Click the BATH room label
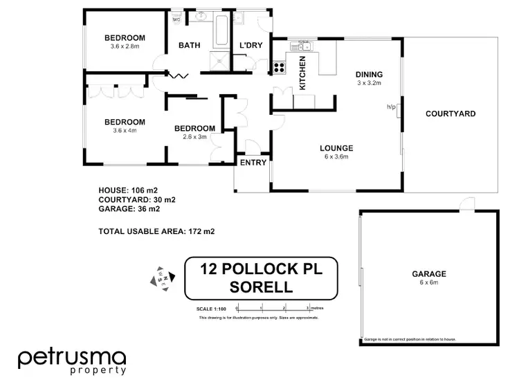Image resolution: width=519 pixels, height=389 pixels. [189, 46]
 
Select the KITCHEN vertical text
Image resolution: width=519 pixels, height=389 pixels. [302, 73]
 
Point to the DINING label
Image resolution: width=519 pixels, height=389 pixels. [369, 74]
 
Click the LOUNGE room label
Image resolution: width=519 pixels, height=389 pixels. [337, 147]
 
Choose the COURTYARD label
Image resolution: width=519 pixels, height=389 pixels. [450, 114]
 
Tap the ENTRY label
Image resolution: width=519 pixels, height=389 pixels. [253, 163]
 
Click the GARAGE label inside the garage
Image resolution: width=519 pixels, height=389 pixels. [429, 274]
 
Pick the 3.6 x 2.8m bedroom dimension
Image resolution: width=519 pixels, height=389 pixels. [125, 46]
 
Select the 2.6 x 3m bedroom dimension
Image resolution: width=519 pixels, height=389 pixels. [194, 136]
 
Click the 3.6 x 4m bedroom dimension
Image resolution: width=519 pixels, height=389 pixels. [125, 130]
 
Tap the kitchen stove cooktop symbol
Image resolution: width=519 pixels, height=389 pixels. [280, 67]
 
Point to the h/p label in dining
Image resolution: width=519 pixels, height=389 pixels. [390, 107]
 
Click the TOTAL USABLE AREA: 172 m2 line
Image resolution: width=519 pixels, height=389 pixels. [157, 231]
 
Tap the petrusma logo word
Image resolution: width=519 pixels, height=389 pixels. [72, 358]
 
